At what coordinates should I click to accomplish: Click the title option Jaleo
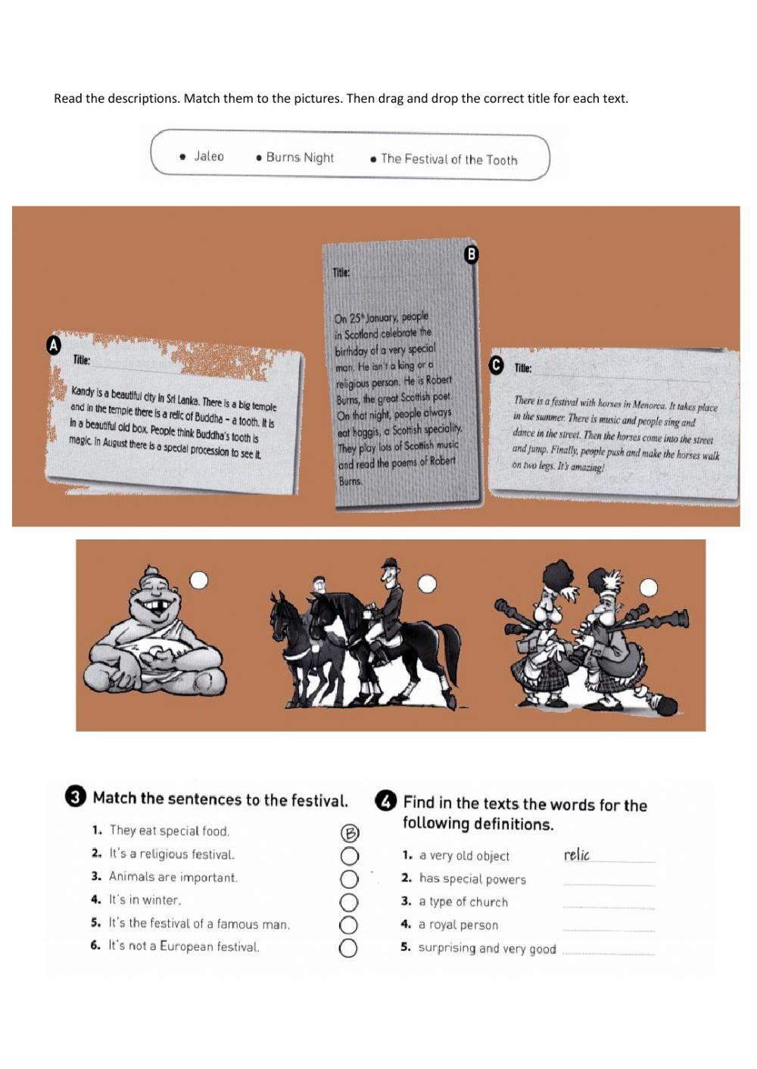tap(209, 156)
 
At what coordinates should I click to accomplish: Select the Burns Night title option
tap(300, 157)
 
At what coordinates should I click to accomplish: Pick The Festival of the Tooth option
tap(449, 160)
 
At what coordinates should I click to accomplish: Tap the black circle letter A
tap(54, 346)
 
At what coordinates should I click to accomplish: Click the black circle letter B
tap(472, 254)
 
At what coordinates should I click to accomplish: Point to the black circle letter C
tap(497, 365)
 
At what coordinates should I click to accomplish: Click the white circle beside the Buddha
tap(199, 580)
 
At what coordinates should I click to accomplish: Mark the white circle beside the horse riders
tap(427, 583)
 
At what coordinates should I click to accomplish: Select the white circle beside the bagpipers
tap(648, 588)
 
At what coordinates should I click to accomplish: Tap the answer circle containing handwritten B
tap(350, 833)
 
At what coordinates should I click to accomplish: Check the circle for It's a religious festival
tap(350, 856)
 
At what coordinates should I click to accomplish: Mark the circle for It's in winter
tap(349, 903)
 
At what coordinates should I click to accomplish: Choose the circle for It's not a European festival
tap(348, 949)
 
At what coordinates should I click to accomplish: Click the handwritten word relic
tap(577, 854)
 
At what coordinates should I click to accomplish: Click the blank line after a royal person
tap(609, 930)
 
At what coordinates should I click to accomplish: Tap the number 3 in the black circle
tap(76, 798)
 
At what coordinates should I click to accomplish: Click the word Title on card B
tap(341, 273)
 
